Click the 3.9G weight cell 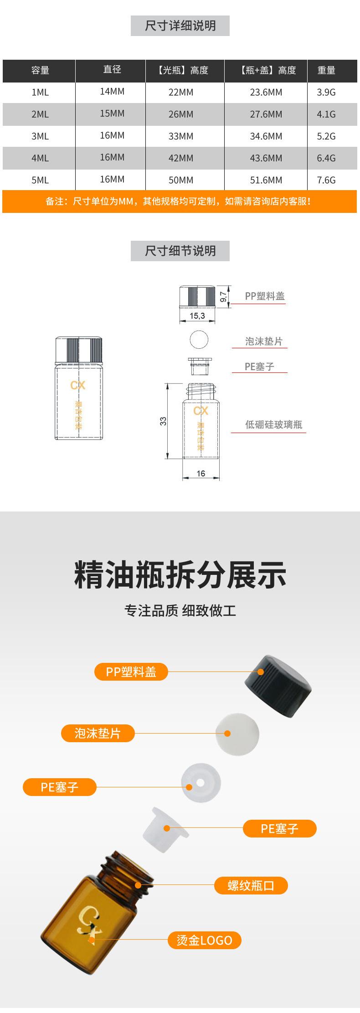coord(326,93)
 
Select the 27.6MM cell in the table coord(266,114)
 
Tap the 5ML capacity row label coord(40,180)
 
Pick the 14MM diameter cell coord(112,92)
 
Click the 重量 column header coord(326,70)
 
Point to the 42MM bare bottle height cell coord(181,158)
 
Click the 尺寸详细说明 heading coord(180,26)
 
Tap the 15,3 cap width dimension coord(197,315)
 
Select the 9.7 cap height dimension coord(223,297)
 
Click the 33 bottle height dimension coord(163,421)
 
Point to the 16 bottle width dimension coord(201,474)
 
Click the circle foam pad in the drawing coord(199,340)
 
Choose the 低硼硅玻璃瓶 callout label coord(273,425)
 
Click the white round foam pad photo coord(237,734)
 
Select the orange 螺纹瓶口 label coord(251,886)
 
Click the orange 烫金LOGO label coord(204,940)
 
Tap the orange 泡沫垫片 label coord(98,733)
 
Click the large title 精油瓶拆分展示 coord(180,575)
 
